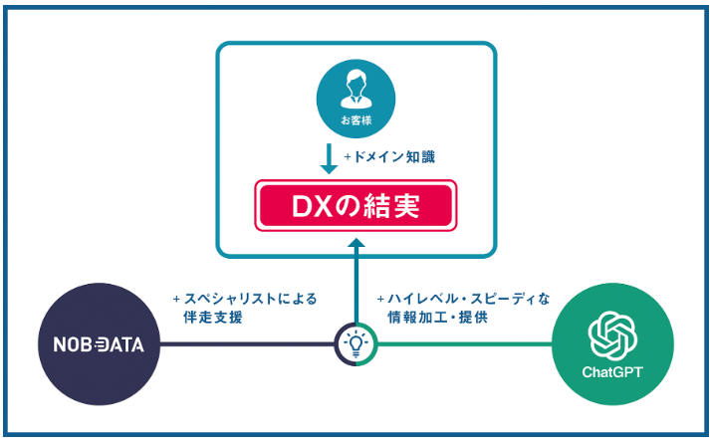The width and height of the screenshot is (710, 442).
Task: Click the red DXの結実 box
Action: point(355,206)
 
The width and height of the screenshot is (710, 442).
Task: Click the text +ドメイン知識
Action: point(389,157)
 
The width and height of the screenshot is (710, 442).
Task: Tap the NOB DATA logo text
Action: point(99,345)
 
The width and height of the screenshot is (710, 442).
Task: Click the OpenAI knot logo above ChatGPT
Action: point(612,335)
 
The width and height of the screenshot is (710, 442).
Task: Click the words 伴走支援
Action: point(213,318)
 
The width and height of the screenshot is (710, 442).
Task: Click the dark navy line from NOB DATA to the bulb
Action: point(249,345)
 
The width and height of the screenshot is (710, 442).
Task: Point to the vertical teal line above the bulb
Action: point(355,289)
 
